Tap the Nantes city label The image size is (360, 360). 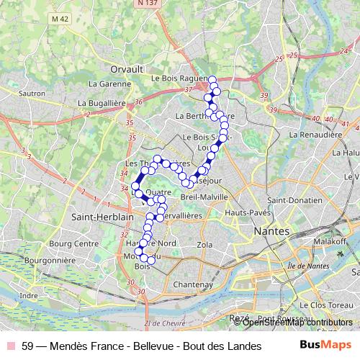[x=272, y=231]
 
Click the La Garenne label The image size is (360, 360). [x=109, y=84]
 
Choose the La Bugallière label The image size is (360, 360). [x=106, y=104]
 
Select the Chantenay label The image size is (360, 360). [x=194, y=284]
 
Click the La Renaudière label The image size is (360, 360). [x=315, y=134]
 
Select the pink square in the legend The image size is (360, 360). [x=11, y=346]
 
